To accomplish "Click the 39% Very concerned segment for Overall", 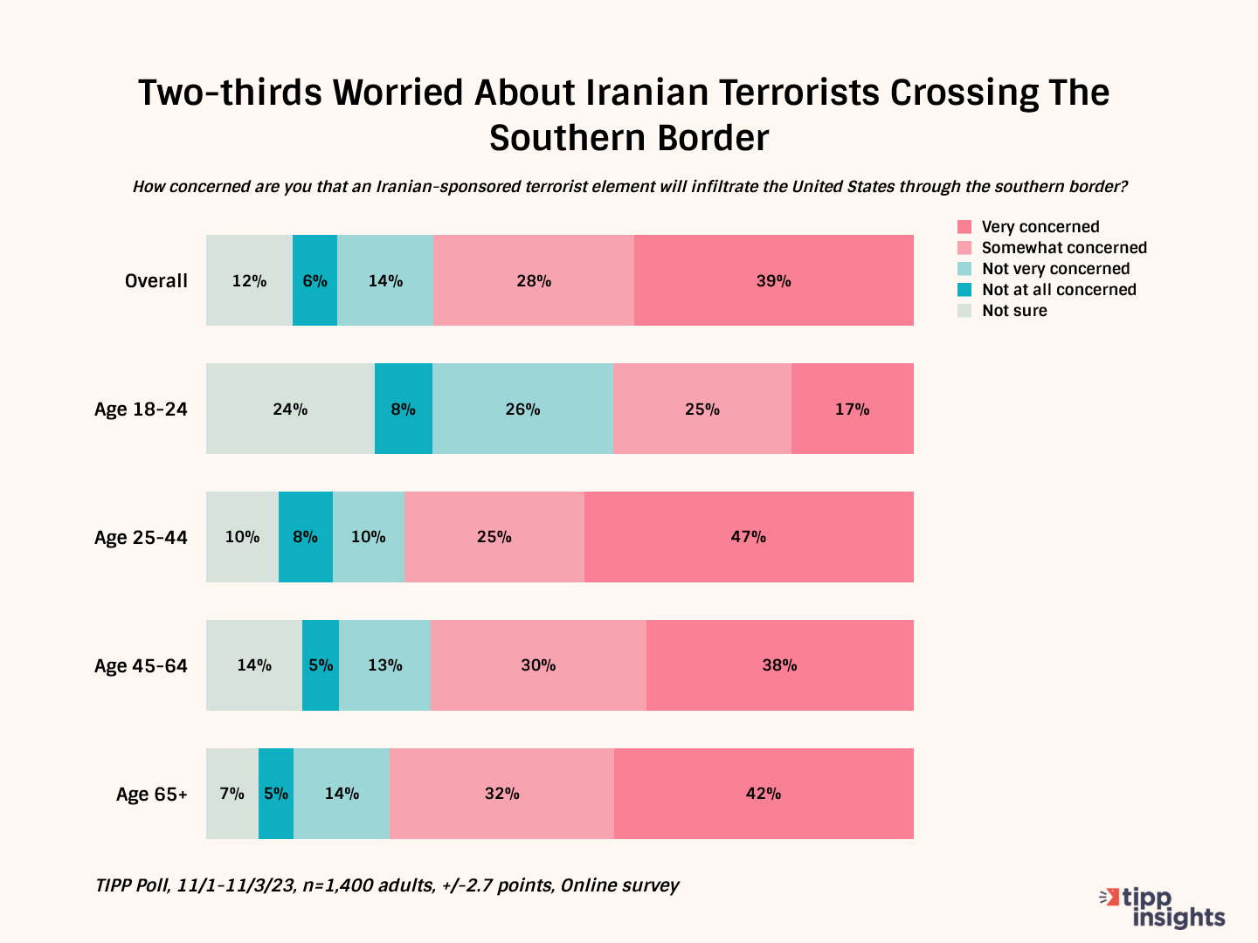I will [773, 280].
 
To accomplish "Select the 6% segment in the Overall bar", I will [314, 280].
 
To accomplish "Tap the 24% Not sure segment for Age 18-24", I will [290, 409].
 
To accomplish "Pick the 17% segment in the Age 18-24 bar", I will [852, 409].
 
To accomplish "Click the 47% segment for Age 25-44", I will [749, 537].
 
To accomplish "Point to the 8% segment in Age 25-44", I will [305, 537].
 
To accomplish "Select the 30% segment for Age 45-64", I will [538, 665].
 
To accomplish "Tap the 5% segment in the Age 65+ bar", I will [276, 794].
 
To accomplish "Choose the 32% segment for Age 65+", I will [501, 794].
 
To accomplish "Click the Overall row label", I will [156, 281].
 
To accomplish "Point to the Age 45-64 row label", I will [141, 666].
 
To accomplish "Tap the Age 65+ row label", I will [151, 795].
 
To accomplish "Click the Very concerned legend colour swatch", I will [964, 227].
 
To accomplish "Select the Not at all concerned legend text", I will [1059, 290].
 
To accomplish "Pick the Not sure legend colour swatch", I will [964, 311].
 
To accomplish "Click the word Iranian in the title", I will [645, 93].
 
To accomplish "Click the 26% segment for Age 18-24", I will [522, 409].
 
